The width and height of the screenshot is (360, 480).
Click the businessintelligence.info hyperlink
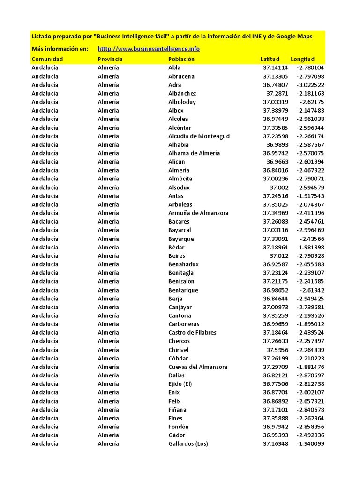click(149, 49)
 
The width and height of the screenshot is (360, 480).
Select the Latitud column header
click(270, 59)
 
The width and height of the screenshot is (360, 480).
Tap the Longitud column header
click(302, 59)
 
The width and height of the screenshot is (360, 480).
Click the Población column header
click(181, 59)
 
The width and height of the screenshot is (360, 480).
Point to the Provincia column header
click(110, 59)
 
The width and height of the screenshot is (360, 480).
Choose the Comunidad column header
click(47, 59)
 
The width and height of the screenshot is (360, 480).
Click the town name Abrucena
click(181, 76)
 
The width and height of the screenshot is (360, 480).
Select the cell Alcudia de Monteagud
click(199, 136)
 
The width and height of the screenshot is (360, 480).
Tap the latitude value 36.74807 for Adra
click(276, 85)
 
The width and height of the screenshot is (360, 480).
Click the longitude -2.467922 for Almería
click(310, 170)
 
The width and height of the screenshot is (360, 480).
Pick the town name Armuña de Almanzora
click(198, 213)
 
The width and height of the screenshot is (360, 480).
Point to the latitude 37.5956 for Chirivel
click(277, 350)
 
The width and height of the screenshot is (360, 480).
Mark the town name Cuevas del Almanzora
click(198, 367)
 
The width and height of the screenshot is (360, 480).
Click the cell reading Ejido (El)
click(180, 384)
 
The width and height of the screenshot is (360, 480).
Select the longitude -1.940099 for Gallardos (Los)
click(310, 443)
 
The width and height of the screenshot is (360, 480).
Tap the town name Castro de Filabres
click(192, 333)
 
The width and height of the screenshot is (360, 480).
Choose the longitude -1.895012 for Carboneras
click(310, 324)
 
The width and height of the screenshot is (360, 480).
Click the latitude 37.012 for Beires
click(279, 256)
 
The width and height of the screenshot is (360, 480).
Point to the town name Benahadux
click(183, 264)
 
